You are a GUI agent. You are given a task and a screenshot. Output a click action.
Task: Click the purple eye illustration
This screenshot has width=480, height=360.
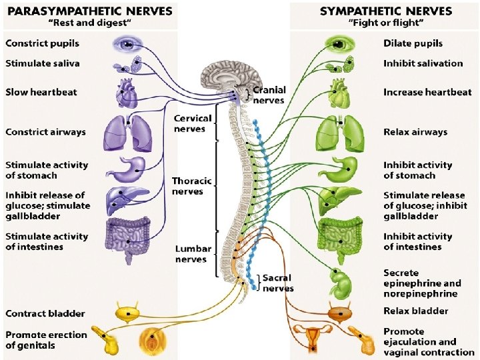127,44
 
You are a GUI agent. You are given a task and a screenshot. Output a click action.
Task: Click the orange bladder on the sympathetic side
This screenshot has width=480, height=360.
340,312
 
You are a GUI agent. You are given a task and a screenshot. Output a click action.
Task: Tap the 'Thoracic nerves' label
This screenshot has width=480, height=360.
192,186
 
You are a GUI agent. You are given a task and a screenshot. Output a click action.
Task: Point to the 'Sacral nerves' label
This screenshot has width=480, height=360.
278,283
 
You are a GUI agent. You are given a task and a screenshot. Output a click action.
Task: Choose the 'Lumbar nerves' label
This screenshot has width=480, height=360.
193,254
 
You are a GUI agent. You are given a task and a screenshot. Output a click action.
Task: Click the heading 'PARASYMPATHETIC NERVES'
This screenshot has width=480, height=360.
89,11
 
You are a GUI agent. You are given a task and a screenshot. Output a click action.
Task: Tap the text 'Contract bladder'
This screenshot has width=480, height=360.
45,313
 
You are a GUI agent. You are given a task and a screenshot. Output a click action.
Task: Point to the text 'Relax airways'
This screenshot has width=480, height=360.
415,132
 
